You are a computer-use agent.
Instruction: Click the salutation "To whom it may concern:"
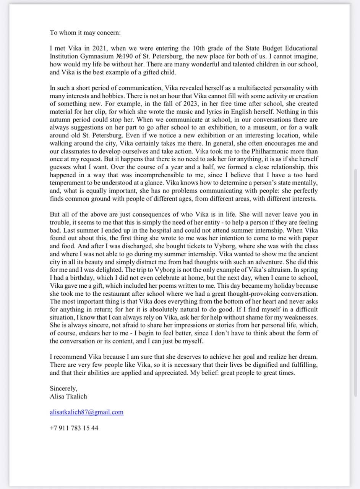85,32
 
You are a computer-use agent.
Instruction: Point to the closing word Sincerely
63,389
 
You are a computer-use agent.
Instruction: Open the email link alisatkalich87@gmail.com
86,412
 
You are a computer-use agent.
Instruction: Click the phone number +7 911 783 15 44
74,428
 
